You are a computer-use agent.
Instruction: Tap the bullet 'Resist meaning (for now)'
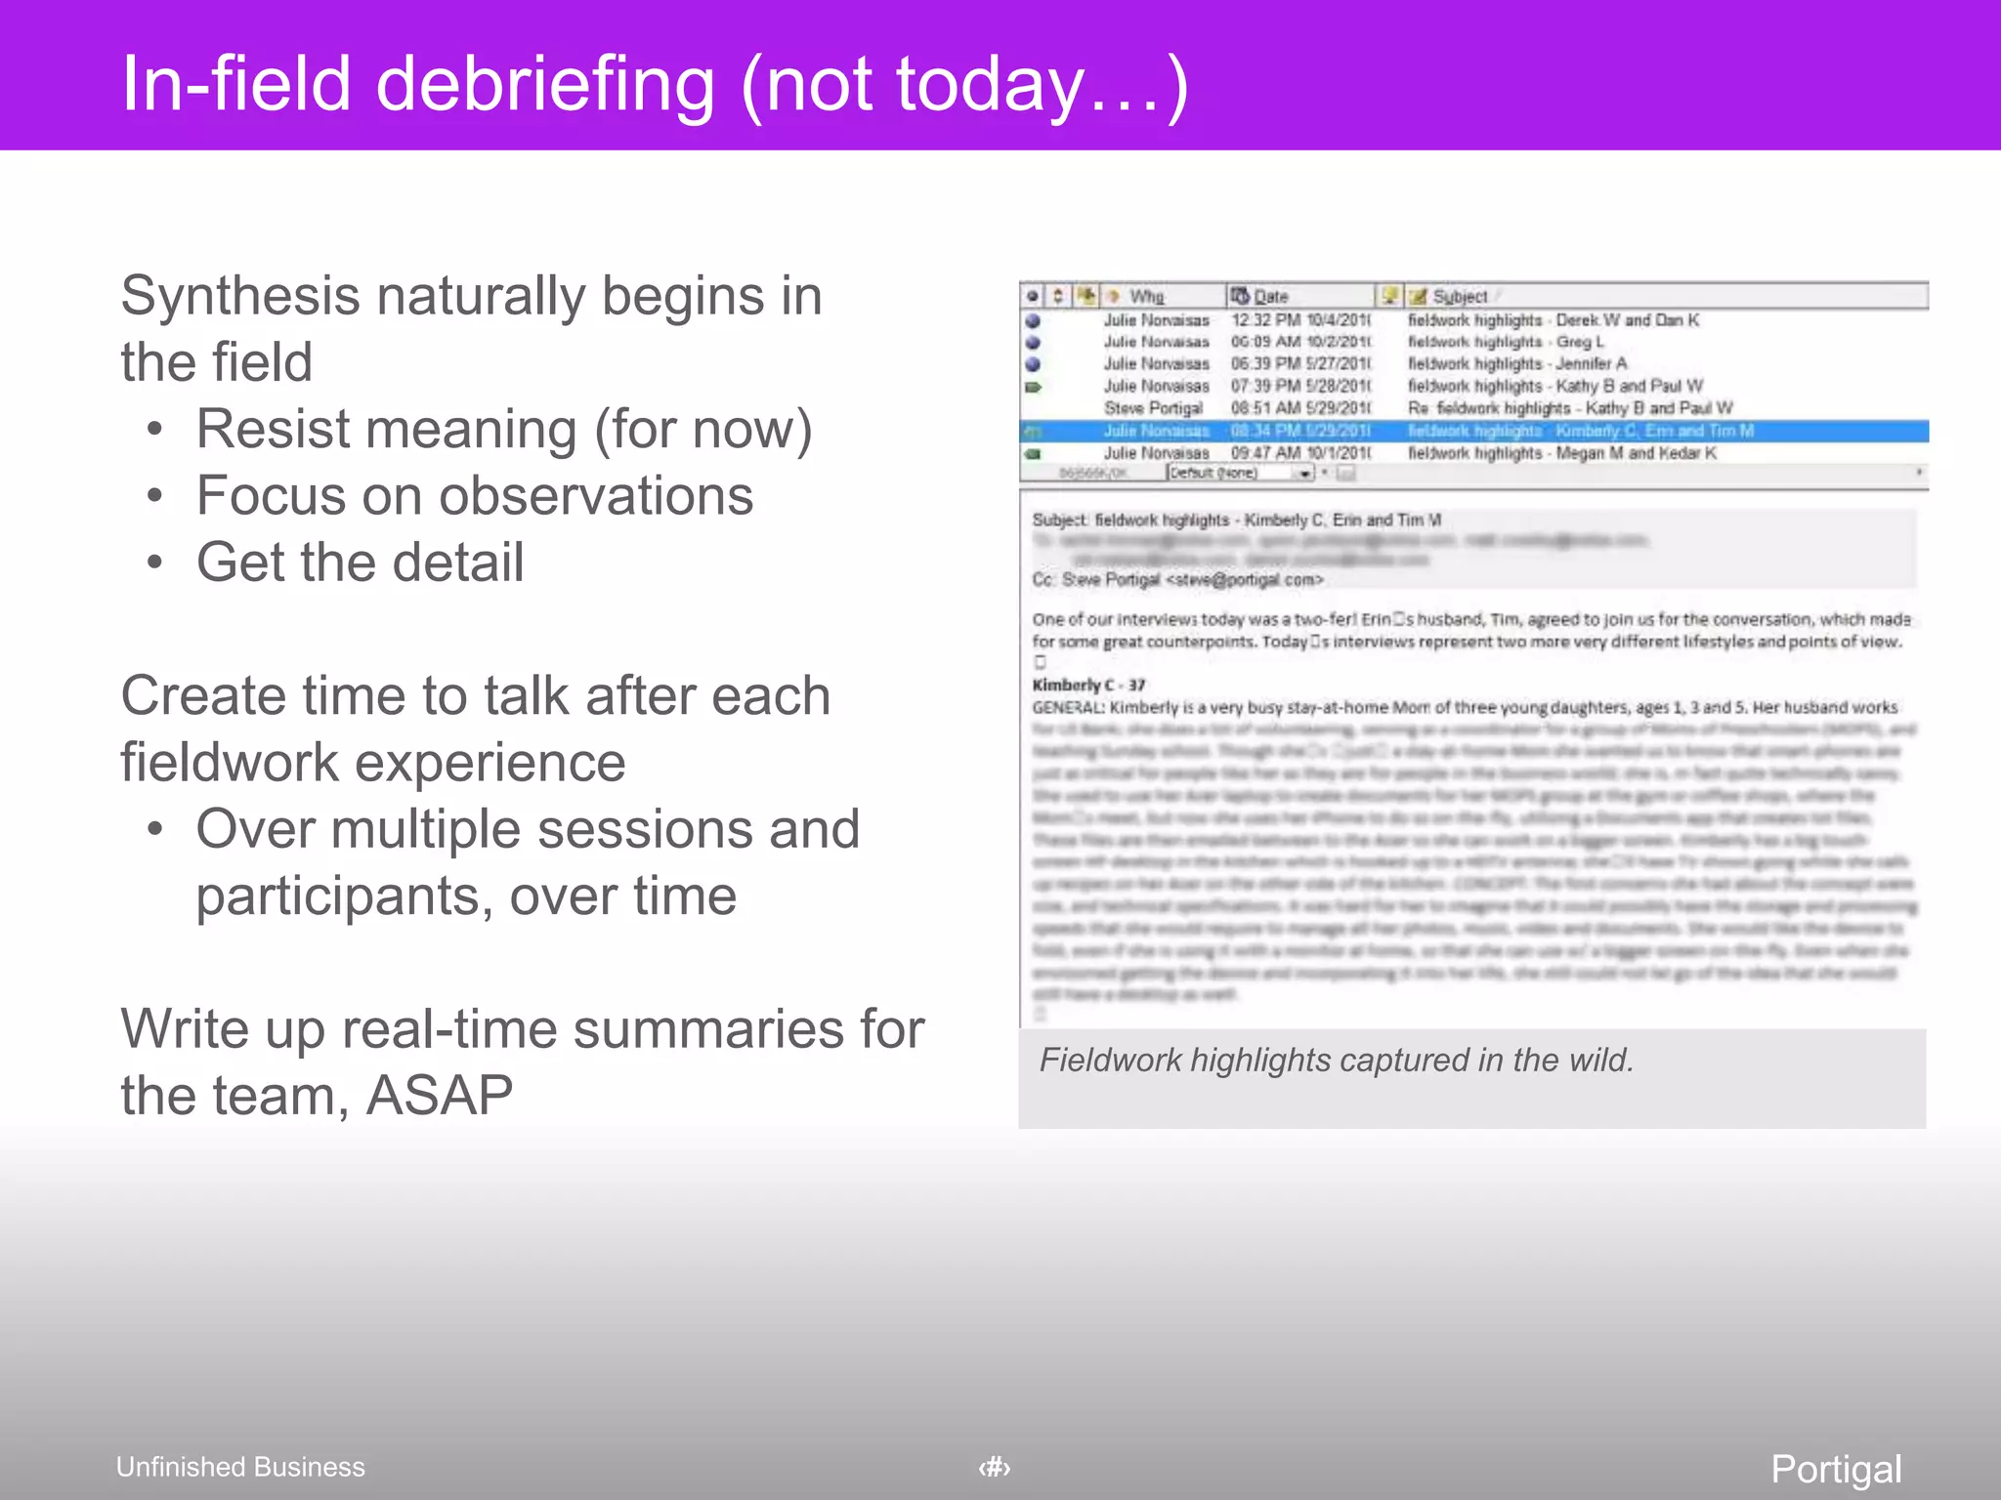[503, 430]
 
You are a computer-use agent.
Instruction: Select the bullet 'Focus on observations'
[475, 496]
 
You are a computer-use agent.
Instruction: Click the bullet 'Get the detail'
[360, 562]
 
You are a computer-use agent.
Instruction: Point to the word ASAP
[439, 1095]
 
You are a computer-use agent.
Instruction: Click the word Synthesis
[240, 296]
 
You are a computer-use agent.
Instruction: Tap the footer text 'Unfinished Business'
[240, 1467]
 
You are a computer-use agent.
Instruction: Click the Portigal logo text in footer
[1836, 1469]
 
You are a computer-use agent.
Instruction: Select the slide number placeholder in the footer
[995, 1467]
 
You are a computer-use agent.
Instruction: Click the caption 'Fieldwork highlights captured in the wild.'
[1336, 1061]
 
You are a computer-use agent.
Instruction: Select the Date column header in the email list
[1270, 296]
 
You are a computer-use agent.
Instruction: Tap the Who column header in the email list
[1146, 296]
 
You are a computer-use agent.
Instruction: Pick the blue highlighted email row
[1473, 431]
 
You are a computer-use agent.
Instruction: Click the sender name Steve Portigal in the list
[1153, 408]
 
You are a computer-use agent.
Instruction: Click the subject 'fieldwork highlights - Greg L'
[1506, 342]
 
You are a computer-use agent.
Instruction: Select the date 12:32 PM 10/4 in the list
[1300, 320]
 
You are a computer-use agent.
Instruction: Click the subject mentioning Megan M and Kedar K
[1561, 453]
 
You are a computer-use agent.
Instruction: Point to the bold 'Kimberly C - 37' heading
[1088, 685]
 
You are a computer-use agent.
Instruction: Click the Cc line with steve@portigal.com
[1177, 580]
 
